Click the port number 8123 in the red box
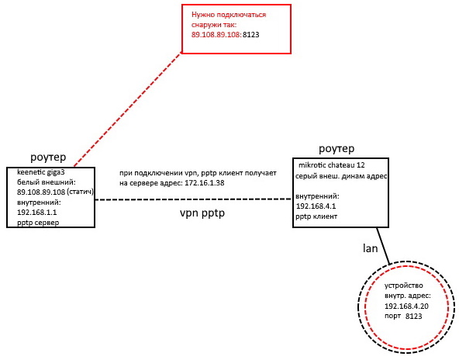[x=251, y=35]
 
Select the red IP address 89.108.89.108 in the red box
[x=216, y=35]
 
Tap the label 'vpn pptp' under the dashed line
[x=202, y=213]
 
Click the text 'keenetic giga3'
[x=40, y=172]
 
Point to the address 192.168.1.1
[x=37, y=213]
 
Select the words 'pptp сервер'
[x=38, y=223]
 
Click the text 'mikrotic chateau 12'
[x=332, y=165]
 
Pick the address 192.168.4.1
[x=316, y=206]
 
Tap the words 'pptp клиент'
[x=316, y=216]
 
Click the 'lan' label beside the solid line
[x=370, y=248]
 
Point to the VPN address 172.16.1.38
[x=205, y=183]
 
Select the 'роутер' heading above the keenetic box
[x=48, y=157]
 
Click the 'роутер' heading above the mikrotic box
[x=336, y=149]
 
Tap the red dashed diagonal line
[x=128, y=109]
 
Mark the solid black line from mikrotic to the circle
[x=383, y=246]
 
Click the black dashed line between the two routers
[x=194, y=199]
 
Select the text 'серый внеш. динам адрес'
[x=341, y=176]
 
